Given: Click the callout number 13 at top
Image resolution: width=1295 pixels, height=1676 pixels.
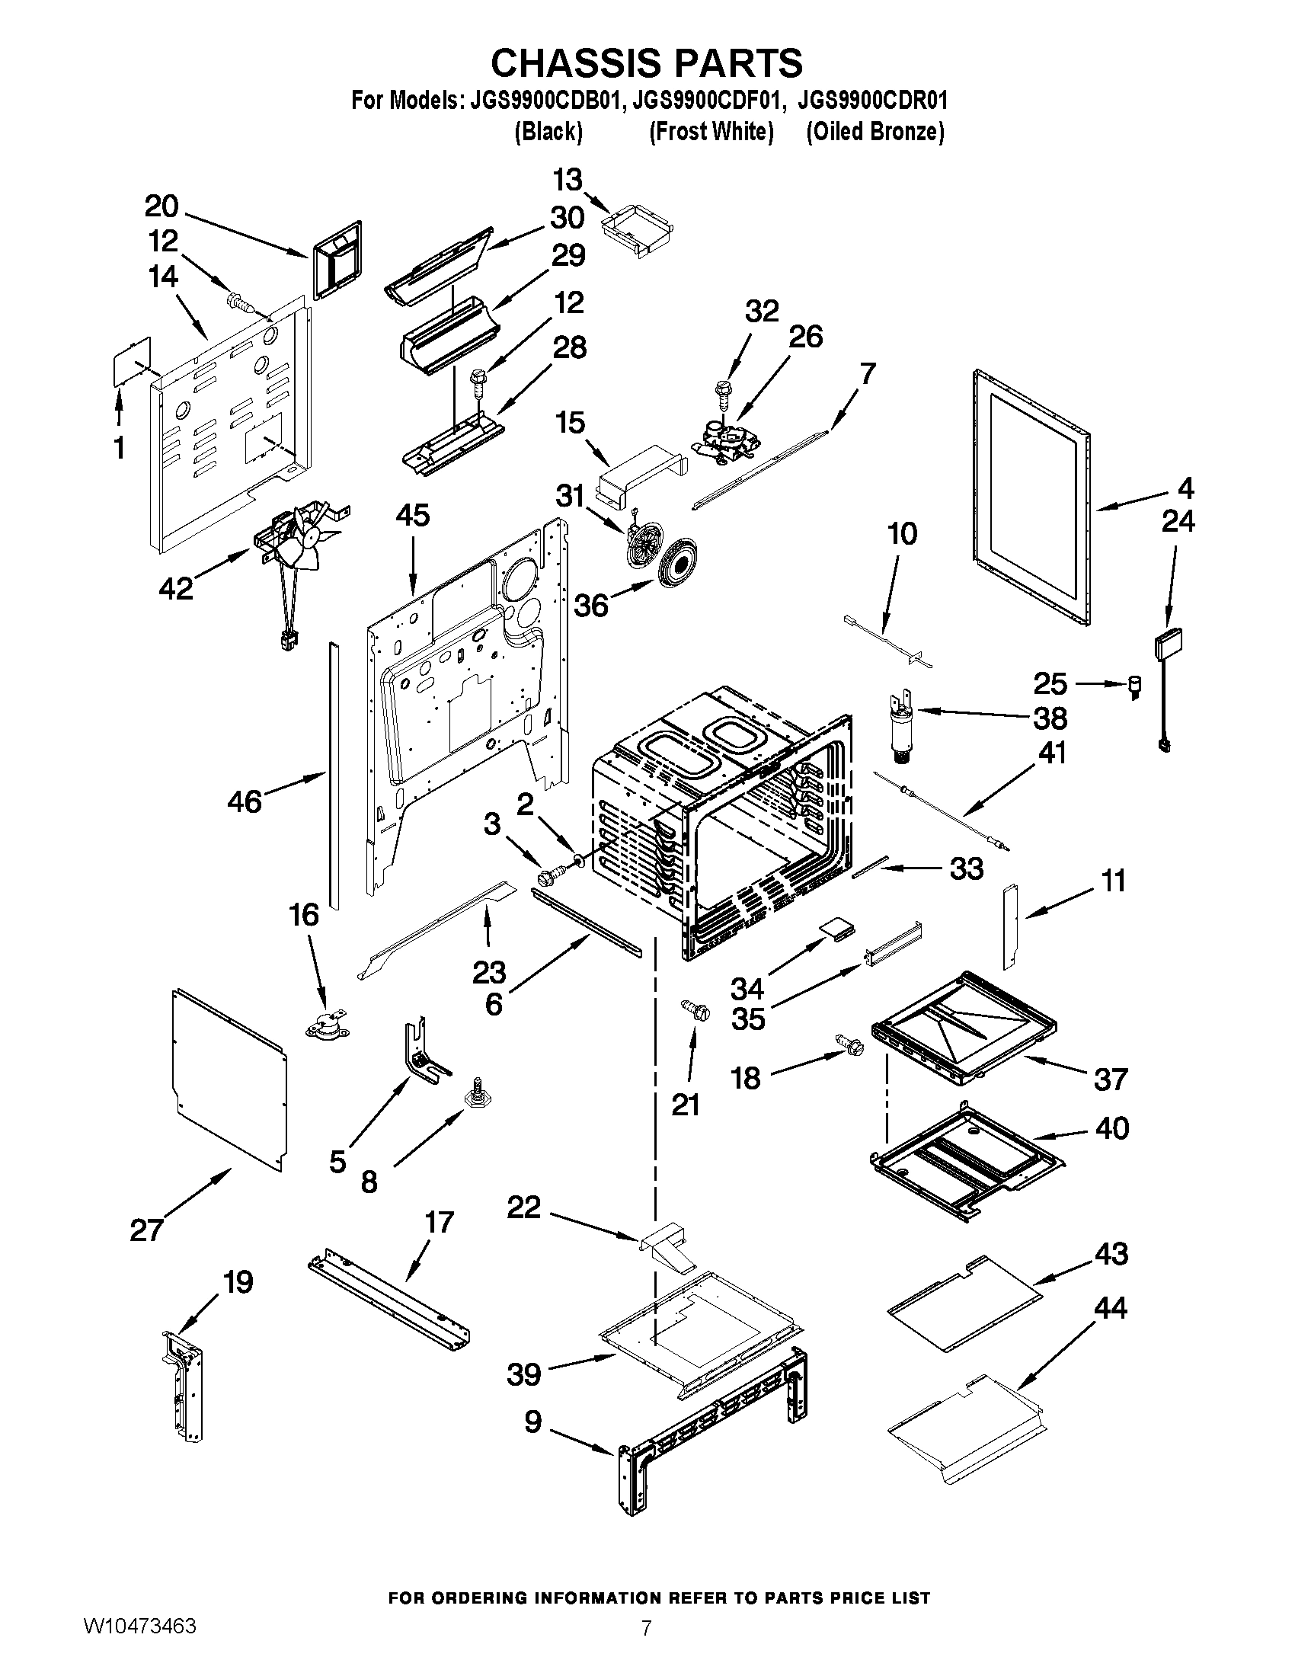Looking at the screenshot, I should coord(568,181).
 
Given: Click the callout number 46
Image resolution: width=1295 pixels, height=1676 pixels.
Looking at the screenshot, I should coord(245,802).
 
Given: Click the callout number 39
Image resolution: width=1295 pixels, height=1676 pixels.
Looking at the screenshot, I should coord(524,1374).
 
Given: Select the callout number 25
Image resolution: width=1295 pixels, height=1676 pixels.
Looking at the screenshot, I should coord(1050,683).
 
